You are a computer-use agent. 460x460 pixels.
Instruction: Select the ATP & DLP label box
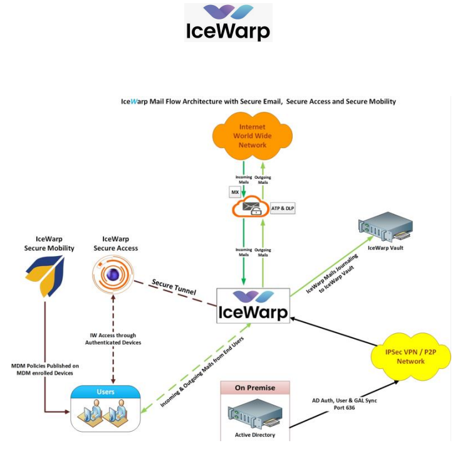coord(283,208)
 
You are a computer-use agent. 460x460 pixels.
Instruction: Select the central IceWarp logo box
coord(253,306)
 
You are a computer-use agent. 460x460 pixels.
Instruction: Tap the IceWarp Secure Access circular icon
coord(115,275)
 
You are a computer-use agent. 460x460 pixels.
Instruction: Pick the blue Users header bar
coord(105,391)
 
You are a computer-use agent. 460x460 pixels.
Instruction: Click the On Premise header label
coord(256,387)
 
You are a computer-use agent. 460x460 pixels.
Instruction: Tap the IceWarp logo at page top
coord(228,22)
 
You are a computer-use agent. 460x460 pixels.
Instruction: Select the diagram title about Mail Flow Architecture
coord(258,101)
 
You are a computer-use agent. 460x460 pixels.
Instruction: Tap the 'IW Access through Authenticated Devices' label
coord(114,339)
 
